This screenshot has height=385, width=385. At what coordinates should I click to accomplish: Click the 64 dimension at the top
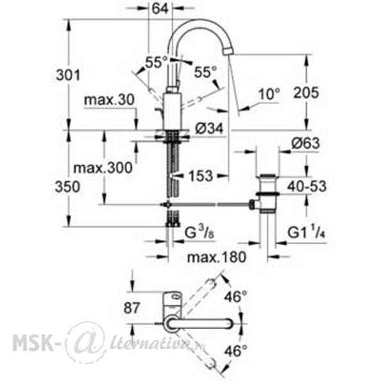point(160,9)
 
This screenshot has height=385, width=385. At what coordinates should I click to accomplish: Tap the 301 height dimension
point(68,75)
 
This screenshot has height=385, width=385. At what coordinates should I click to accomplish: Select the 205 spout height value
point(306,92)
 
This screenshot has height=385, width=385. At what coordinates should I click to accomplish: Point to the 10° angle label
point(269,94)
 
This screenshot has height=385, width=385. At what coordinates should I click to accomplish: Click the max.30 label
point(109,100)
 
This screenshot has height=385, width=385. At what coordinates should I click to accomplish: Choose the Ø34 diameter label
point(209,128)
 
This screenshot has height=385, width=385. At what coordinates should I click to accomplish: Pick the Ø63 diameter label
point(306,143)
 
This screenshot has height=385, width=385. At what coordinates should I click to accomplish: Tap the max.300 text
point(103,168)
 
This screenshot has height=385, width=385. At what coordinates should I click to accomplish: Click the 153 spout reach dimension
point(200,176)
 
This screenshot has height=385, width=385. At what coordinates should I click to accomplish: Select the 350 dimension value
point(67,187)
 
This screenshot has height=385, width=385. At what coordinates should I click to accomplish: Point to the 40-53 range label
point(307,187)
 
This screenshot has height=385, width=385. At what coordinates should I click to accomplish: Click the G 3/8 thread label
point(199,233)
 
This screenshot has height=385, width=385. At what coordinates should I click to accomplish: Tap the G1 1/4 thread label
point(306,232)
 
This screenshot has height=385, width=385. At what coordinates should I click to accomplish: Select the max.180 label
point(216,257)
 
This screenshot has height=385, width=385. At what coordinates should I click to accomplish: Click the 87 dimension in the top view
point(132,308)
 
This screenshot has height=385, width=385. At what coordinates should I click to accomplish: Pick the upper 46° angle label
point(235,296)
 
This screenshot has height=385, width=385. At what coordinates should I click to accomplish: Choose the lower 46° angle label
point(235,351)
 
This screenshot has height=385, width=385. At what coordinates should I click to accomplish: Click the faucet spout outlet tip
point(228,51)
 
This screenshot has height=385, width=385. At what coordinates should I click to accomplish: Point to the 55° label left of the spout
point(156,62)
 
